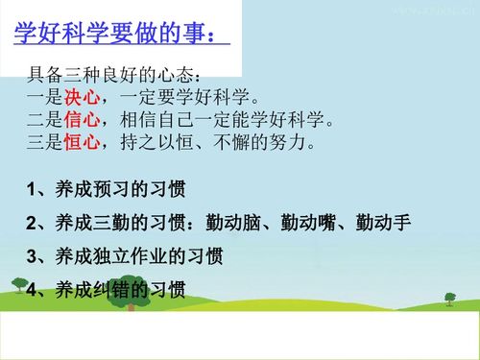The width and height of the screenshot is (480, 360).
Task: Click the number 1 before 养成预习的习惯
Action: click(33, 190)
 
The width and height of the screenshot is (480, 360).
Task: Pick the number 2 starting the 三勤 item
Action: click(33, 224)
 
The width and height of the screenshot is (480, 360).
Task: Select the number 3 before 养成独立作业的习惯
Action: click(33, 256)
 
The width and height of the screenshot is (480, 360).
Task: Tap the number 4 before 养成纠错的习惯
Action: click(33, 290)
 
